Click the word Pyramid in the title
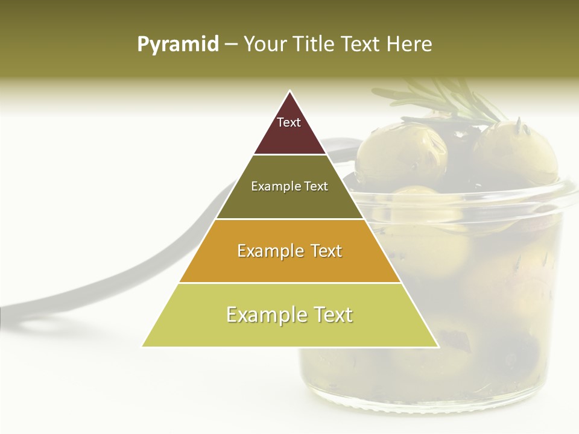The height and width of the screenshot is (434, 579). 177,45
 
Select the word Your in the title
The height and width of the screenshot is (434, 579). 264,45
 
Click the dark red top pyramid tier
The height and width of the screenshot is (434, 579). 290,136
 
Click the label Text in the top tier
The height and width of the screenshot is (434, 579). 289,122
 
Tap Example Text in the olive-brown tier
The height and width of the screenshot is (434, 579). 289,186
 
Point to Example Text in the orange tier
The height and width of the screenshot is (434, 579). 289,251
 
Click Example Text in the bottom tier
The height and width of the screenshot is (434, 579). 289,315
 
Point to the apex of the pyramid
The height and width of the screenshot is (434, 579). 290,92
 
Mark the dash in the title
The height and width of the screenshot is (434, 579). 231,45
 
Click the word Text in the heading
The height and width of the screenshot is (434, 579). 361,45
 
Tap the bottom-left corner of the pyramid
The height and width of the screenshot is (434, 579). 142,346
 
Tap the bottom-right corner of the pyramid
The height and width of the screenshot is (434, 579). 438,346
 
